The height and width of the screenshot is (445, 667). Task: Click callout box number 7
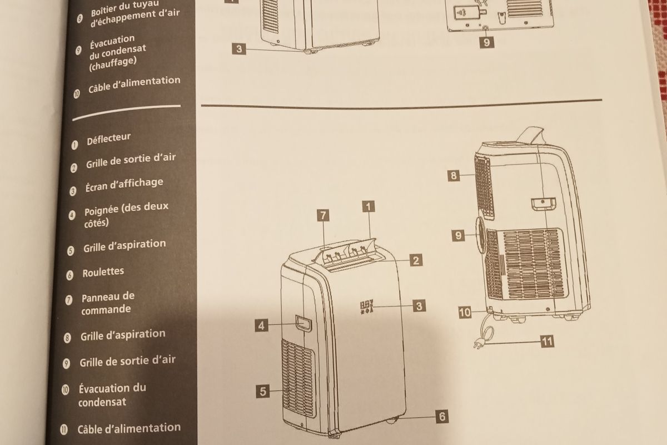[x=323, y=215]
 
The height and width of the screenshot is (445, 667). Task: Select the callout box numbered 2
[x=416, y=260]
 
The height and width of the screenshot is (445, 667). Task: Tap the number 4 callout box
[x=261, y=325]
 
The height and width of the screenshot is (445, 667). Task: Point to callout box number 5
[x=262, y=392]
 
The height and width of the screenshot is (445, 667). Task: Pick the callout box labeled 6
[x=442, y=417]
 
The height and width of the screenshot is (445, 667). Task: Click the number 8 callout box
[x=454, y=176]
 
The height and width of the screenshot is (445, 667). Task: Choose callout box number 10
[x=465, y=313]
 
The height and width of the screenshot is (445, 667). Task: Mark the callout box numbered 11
[x=547, y=342]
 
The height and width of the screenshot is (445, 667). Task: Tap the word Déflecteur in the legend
[x=109, y=139]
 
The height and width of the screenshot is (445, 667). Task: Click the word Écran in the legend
[x=96, y=187]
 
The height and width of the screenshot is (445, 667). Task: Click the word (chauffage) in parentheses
[x=112, y=64]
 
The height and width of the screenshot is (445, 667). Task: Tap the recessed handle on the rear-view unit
[x=544, y=204]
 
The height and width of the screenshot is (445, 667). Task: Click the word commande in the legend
[x=106, y=310]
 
